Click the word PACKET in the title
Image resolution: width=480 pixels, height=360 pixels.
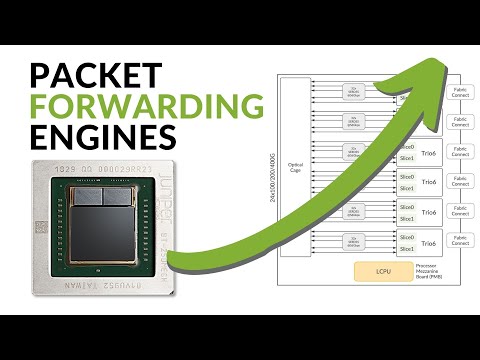(94, 74)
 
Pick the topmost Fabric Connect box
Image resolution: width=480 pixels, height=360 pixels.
(461, 93)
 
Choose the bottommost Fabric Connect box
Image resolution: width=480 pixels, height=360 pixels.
(461, 242)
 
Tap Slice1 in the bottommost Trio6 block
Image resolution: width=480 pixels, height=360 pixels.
(407, 249)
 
